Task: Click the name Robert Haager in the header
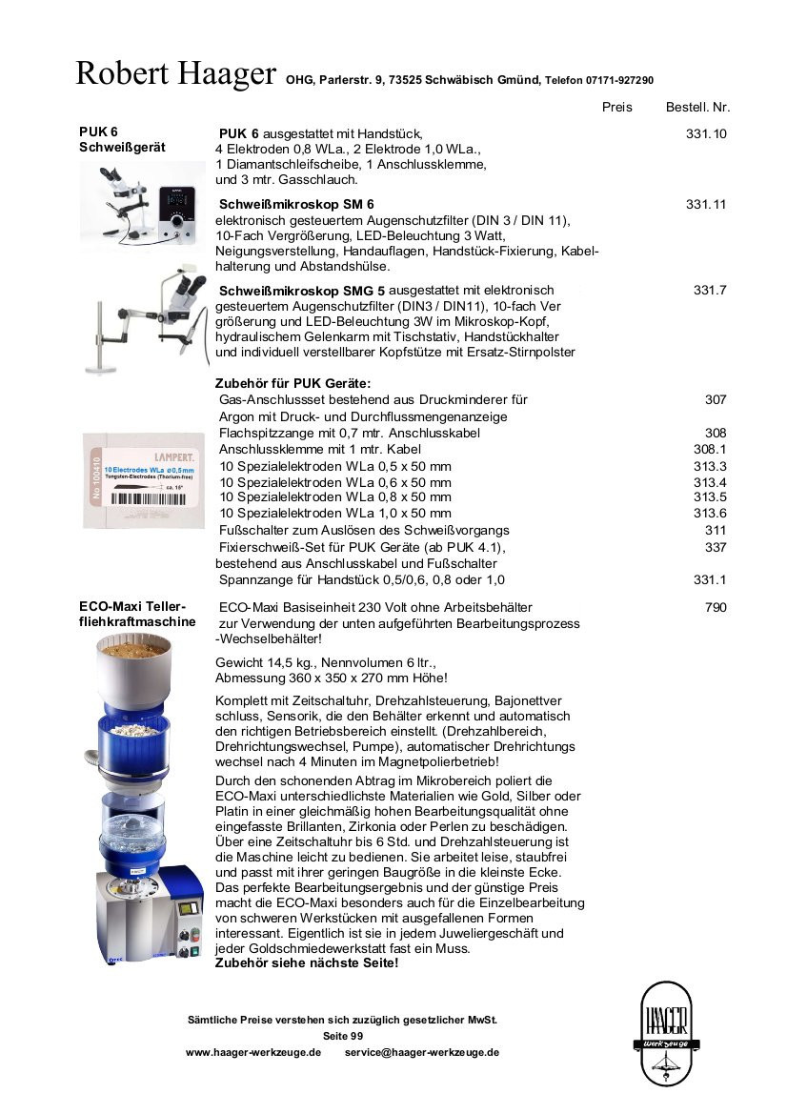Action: [x=175, y=73]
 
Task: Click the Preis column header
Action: [x=616, y=108]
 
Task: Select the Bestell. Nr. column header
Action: [x=697, y=108]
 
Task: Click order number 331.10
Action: [x=706, y=134]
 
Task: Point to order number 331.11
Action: [x=706, y=205]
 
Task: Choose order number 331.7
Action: [x=710, y=290]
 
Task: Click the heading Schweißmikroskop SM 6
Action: [x=296, y=205]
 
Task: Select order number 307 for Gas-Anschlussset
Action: [x=716, y=400]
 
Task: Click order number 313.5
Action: [x=710, y=497]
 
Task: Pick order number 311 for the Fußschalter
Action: [x=716, y=530]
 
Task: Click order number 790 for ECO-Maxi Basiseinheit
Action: [x=716, y=607]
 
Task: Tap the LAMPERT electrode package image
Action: [x=143, y=479]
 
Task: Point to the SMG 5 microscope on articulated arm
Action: [x=149, y=318]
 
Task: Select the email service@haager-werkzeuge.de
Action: [x=422, y=1052]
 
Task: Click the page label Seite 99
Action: [x=343, y=1036]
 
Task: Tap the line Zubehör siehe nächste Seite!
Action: [x=307, y=962]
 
